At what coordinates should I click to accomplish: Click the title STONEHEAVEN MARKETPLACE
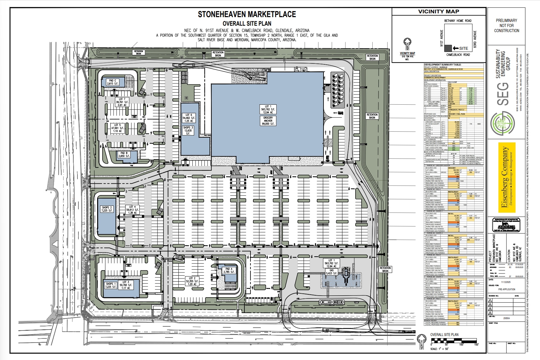point(247,14)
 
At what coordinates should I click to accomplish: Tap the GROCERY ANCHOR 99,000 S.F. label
point(268,121)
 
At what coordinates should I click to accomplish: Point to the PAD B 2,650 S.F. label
point(124,154)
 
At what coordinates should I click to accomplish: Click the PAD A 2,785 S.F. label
point(229,271)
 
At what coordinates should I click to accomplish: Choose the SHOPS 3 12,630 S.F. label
point(188,130)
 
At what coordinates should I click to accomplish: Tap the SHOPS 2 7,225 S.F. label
point(107,209)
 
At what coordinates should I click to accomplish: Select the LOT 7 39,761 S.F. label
point(122,102)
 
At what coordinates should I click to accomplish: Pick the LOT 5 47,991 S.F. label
point(118,128)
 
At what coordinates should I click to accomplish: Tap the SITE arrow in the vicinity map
point(461,49)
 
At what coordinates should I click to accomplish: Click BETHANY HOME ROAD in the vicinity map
point(458,21)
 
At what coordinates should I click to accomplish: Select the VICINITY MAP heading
point(438,11)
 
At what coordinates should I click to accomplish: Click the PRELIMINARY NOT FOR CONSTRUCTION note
point(506,25)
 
